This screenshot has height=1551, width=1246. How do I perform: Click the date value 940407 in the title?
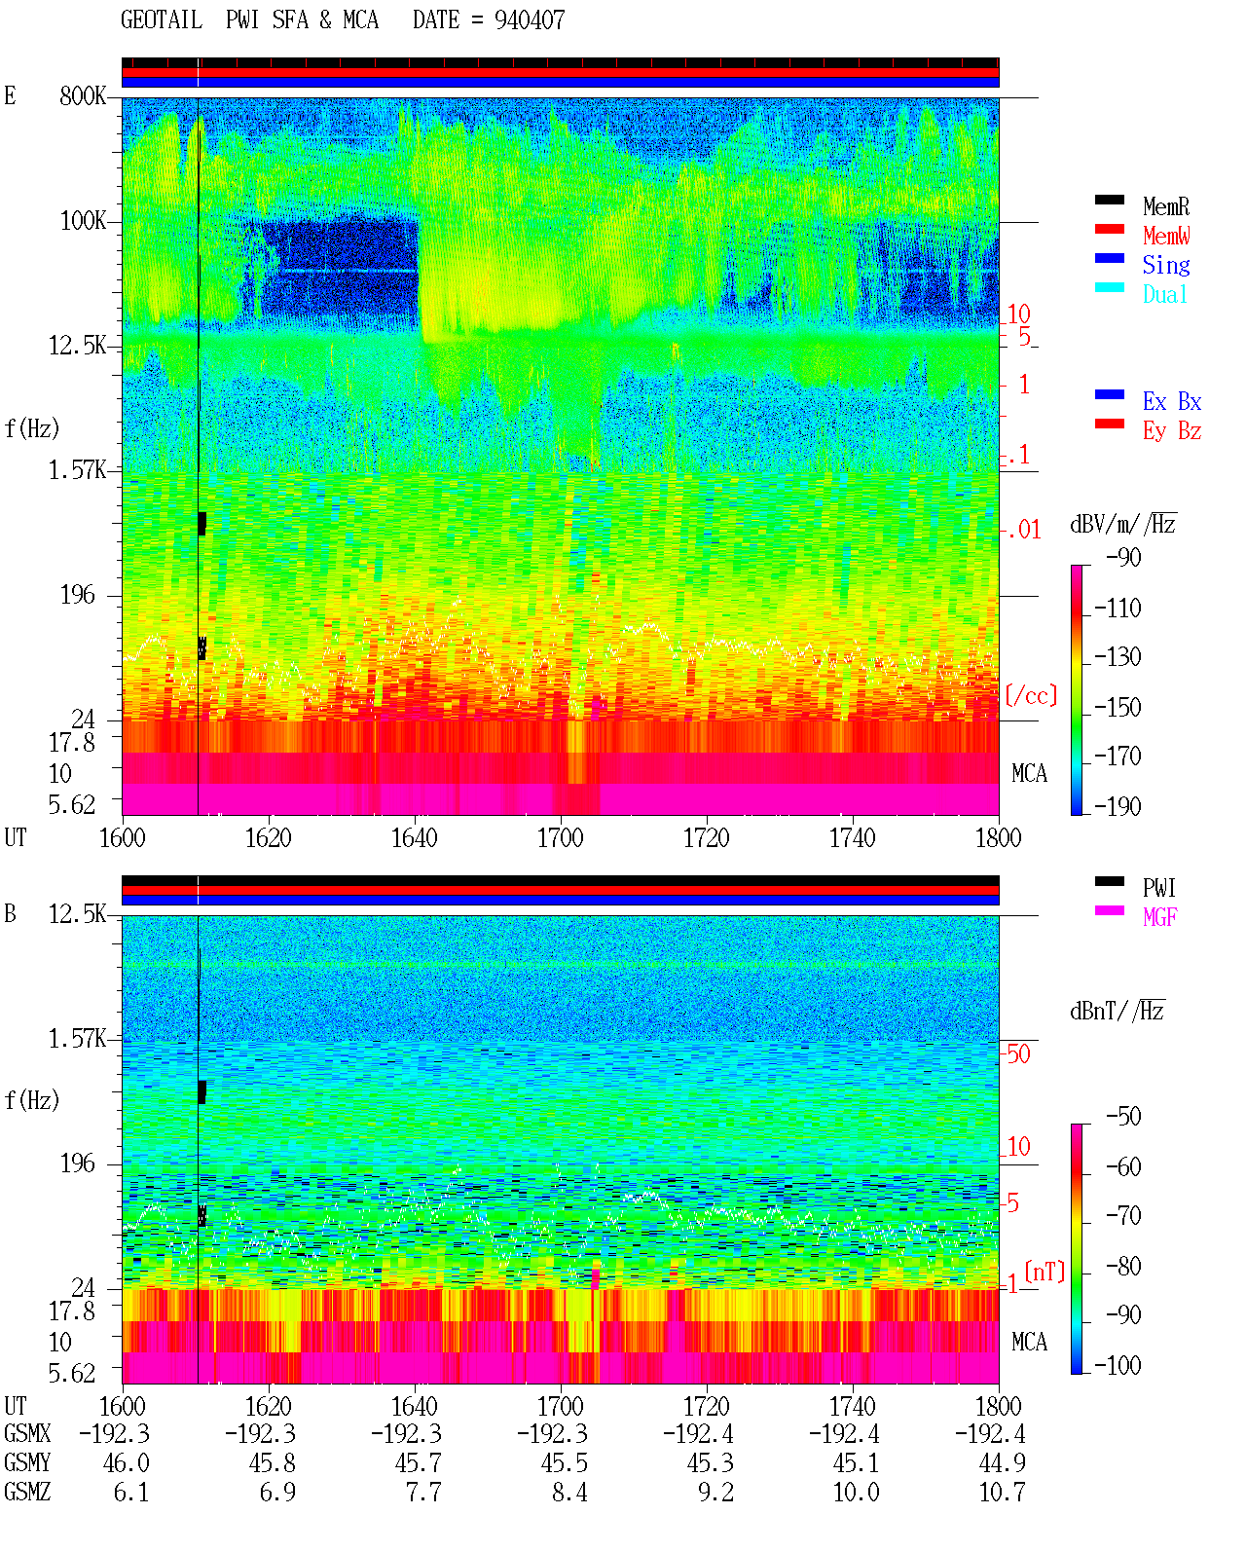(x=529, y=20)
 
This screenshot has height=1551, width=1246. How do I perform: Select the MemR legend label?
(x=1165, y=206)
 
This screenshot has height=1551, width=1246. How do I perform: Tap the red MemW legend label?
(x=1165, y=236)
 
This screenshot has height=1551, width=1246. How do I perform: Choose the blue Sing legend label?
(x=1165, y=265)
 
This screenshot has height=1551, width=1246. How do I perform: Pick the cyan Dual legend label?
(x=1165, y=294)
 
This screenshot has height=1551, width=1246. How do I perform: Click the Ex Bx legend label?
(x=1171, y=401)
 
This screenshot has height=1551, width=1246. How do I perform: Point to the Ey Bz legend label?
(x=1171, y=431)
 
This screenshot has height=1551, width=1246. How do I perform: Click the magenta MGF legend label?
(x=1159, y=917)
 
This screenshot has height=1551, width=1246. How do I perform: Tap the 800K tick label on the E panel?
(x=83, y=95)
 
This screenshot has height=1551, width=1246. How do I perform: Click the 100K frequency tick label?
(x=83, y=221)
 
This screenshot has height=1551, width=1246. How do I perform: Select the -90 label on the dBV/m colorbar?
(x=1123, y=558)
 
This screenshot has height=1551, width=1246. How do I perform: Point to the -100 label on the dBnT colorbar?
(x=1118, y=1365)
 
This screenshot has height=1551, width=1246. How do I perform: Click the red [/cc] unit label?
(x=1031, y=695)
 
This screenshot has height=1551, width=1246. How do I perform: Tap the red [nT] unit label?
(x=1044, y=1272)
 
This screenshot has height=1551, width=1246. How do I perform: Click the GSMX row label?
(x=27, y=1433)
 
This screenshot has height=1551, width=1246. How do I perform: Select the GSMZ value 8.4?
(x=569, y=1492)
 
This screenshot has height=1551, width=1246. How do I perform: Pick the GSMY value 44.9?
(x=1002, y=1463)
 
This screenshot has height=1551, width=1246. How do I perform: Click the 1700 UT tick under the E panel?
(x=560, y=838)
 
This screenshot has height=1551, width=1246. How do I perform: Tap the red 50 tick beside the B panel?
(x=1018, y=1054)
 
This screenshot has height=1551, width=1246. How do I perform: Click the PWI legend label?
(x=1159, y=888)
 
